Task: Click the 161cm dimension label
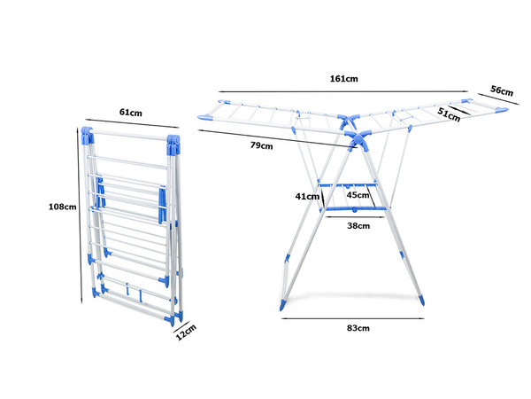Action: click(343, 79)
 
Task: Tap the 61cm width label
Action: click(130, 113)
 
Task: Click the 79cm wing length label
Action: click(261, 145)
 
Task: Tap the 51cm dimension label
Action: click(449, 113)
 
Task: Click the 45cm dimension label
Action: click(358, 195)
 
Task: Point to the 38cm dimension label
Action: click(357, 225)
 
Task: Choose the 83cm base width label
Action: click(357, 328)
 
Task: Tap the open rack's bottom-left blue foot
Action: click(282, 302)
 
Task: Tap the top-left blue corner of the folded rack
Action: click(87, 136)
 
